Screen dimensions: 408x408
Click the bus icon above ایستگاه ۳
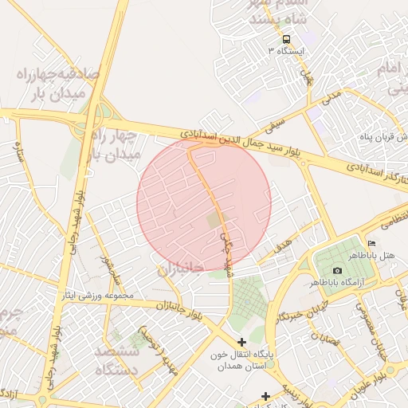[286, 39]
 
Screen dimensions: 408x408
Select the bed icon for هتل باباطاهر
[371, 243]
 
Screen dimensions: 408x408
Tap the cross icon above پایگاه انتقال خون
[242, 342]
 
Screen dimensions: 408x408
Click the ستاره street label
[18, 150]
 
